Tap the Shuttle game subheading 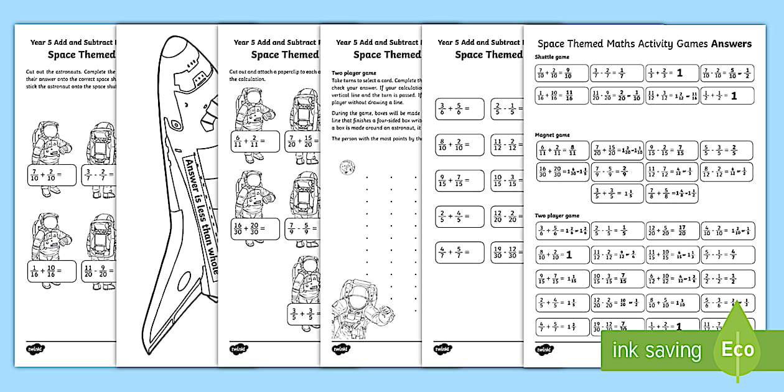tap(551, 57)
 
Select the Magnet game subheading tap(552, 135)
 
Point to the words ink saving tap(656, 350)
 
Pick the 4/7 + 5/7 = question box tap(459, 253)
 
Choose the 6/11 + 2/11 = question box tap(255, 141)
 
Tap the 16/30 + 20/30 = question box tap(255, 227)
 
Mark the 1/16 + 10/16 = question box tap(51, 270)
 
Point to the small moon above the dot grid tap(343, 167)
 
